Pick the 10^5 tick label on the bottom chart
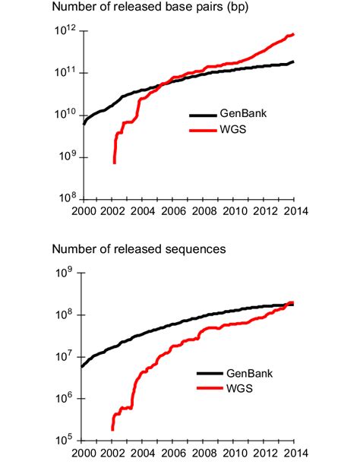click(65, 438)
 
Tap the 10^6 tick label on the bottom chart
click(65, 397)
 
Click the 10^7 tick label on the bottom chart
click(65, 355)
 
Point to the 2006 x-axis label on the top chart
click(175, 211)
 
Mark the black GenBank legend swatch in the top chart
click(202, 115)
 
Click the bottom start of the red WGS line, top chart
click(114, 163)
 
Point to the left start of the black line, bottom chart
click(82, 367)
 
